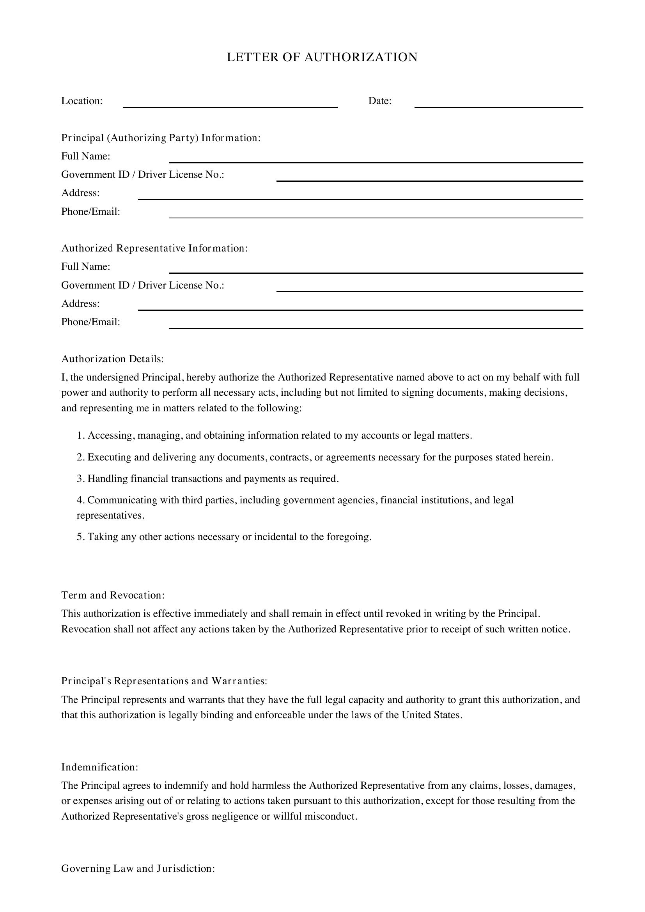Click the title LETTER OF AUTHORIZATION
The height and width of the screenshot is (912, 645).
tap(322, 57)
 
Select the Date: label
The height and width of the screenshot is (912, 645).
tap(380, 101)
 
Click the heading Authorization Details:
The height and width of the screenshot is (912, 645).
tap(112, 359)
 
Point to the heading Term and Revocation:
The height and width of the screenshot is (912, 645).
tap(113, 595)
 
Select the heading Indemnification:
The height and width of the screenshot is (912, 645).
tap(100, 767)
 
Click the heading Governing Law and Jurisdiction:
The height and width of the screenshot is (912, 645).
tap(138, 879)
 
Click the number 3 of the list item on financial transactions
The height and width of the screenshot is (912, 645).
tap(80, 479)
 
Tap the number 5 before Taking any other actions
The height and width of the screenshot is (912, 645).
tap(80, 537)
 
